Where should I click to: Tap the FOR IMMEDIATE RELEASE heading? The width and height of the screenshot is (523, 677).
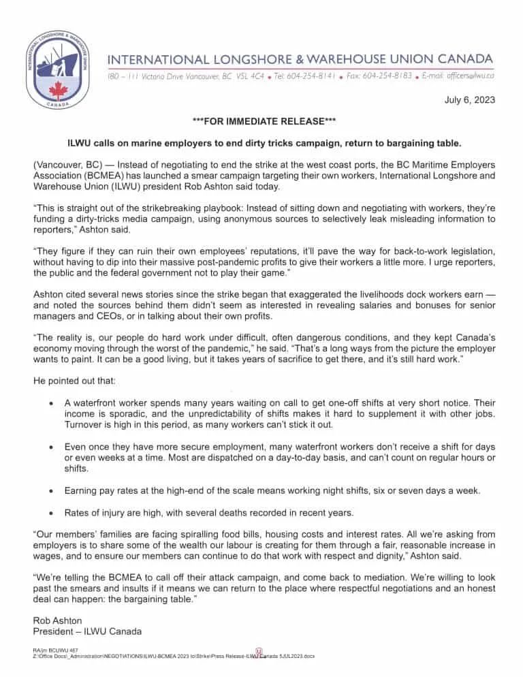[x=261, y=121]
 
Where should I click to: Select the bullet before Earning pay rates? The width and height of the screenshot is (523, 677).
[x=52, y=490]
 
